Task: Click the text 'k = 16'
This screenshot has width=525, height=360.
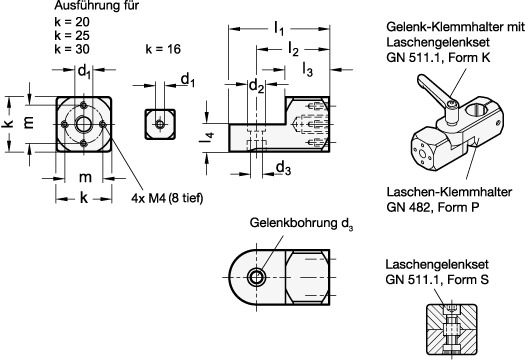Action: point(163,49)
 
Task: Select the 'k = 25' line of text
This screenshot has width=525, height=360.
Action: point(72,35)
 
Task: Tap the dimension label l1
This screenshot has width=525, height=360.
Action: point(279,28)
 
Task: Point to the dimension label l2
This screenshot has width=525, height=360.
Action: point(293,49)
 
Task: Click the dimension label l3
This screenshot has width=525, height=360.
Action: point(308,70)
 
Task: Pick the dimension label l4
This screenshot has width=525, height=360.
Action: point(207,138)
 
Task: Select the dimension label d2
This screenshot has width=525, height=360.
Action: point(256,86)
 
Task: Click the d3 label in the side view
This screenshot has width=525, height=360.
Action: point(283,167)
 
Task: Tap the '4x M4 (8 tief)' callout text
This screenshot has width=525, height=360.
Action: point(167,198)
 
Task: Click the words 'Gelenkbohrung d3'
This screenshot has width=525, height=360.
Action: point(301,223)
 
